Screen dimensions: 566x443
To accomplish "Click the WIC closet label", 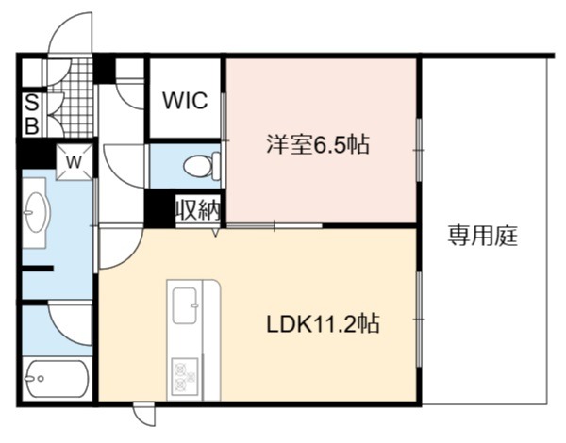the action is pyautogui.click(x=185, y=100).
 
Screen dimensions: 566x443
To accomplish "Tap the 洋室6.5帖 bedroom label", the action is pyautogui.click(x=318, y=144).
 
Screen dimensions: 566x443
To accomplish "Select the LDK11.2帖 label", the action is pyautogui.click(x=323, y=323).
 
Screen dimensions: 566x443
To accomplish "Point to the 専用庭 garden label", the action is pyautogui.click(x=483, y=236).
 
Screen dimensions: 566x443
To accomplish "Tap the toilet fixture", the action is pyautogui.click(x=202, y=166).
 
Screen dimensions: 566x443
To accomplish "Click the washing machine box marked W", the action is pyautogui.click(x=75, y=161).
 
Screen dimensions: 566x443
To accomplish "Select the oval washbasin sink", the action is pyautogui.click(x=36, y=212).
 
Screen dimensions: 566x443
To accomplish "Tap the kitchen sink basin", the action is pyautogui.click(x=185, y=305).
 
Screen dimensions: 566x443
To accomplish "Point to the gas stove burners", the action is pyautogui.click(x=185, y=375).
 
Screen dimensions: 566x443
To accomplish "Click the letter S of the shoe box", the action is pyautogui.click(x=32, y=104).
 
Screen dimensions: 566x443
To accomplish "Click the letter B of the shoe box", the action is pyautogui.click(x=32, y=126).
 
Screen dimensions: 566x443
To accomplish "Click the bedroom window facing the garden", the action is pyautogui.click(x=419, y=150).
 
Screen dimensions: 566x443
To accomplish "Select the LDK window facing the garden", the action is pyautogui.click(x=419, y=320).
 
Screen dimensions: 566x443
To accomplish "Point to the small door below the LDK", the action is pyautogui.click(x=144, y=415).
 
